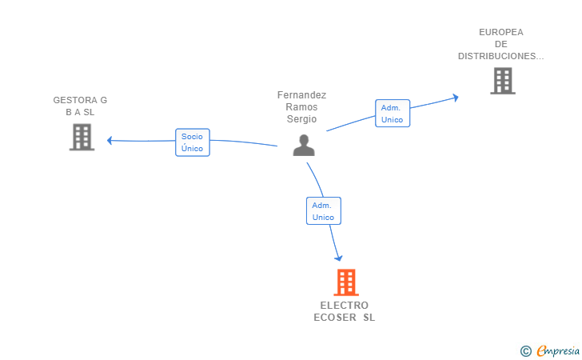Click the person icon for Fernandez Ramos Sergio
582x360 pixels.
tap(304, 146)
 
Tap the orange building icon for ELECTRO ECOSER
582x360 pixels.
tap(346, 282)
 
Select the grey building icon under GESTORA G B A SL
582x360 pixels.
tap(82, 137)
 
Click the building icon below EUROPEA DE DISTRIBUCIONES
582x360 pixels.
tap(503, 81)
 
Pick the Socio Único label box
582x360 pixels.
tap(193, 142)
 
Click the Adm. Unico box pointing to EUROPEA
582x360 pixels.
tap(393, 114)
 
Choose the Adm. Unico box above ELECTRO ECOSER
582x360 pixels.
tap(324, 210)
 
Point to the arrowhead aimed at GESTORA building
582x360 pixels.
tap(110, 141)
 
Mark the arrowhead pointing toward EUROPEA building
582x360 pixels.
tap(456, 98)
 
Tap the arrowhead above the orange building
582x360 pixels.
tap(338, 258)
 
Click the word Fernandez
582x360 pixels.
tap(301, 95)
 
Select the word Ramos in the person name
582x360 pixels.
tap(301, 107)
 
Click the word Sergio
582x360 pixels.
tap(301, 119)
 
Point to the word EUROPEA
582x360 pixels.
tap(501, 32)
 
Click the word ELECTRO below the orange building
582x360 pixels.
tap(345, 306)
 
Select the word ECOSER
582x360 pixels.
tap(335, 318)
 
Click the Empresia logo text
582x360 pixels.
tap(558, 350)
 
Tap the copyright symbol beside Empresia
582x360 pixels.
tap(526, 351)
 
